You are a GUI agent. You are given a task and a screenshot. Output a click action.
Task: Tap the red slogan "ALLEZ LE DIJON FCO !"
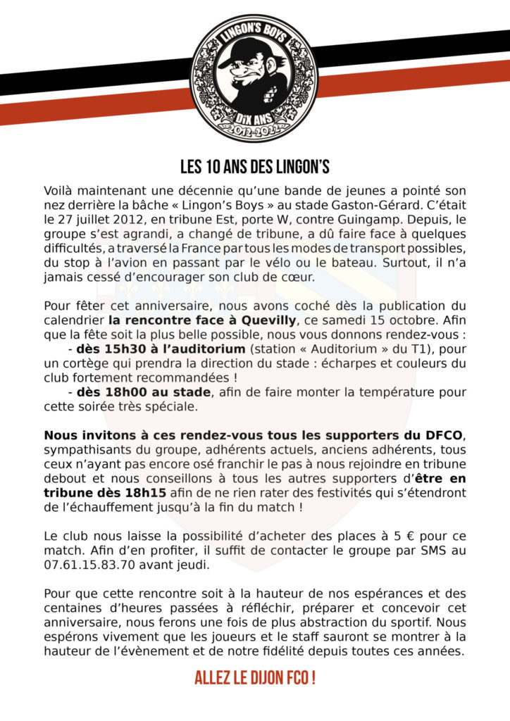(255, 679)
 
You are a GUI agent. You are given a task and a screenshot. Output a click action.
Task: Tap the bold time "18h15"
(149, 493)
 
